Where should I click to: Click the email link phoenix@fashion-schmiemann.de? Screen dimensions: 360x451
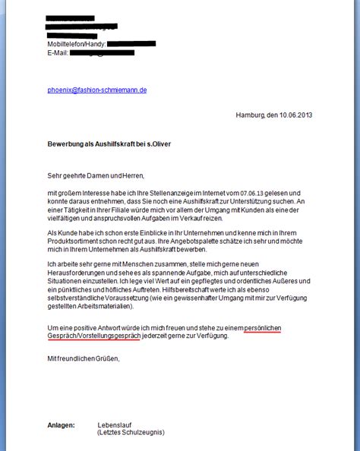point(96,90)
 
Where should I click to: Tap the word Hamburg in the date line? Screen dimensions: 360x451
point(251,115)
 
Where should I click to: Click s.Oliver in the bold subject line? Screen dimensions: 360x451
point(169,144)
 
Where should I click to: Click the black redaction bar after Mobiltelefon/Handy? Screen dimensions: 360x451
point(131,44)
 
